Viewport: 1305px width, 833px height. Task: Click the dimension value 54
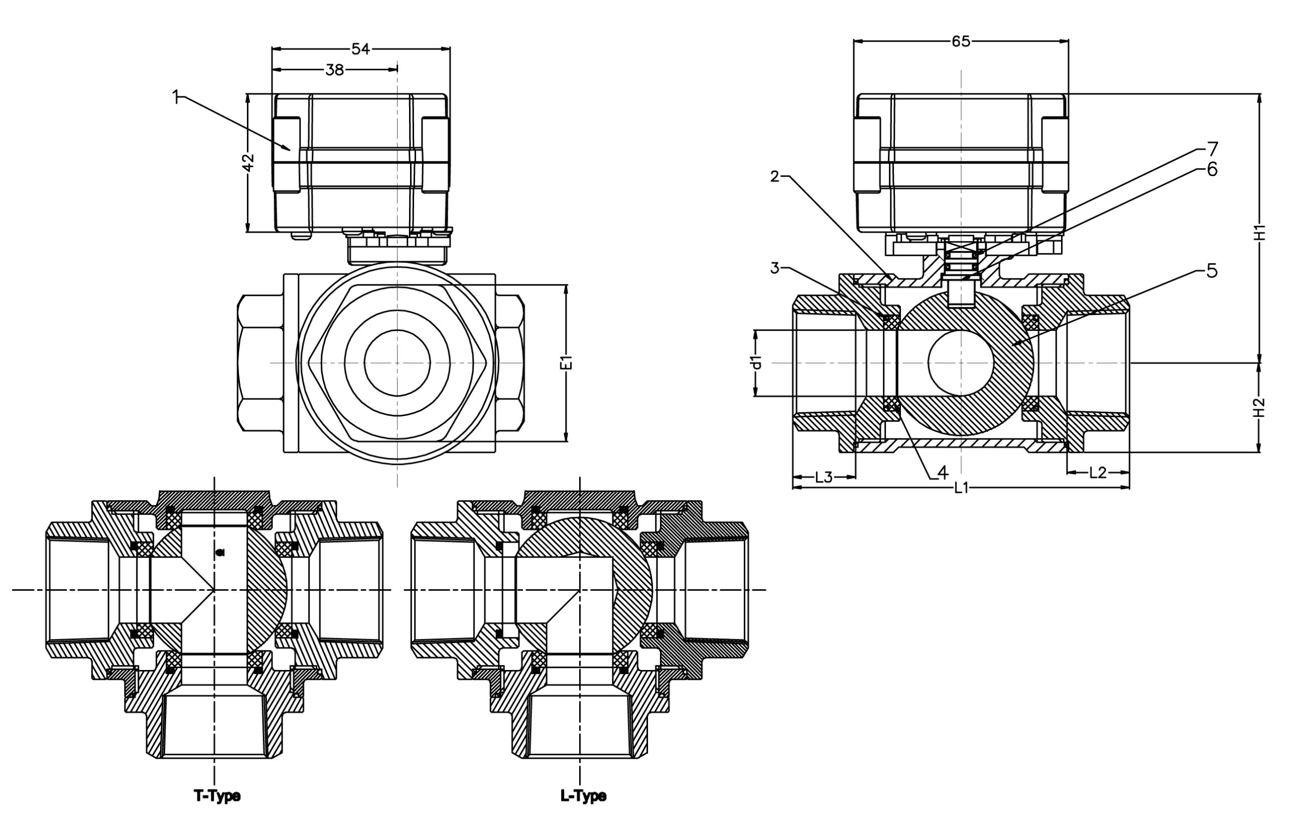point(360,49)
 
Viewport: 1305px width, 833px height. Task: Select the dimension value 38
point(334,70)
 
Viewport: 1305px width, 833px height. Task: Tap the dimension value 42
point(248,162)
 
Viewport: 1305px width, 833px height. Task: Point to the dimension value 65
point(960,42)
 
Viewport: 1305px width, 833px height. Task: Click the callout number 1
point(175,97)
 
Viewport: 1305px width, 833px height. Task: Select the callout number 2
point(775,177)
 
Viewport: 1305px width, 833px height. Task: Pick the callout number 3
point(775,268)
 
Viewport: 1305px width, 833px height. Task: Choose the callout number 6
point(1212,170)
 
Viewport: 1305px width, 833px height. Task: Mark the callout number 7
point(1212,148)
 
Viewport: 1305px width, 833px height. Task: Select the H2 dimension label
point(1260,407)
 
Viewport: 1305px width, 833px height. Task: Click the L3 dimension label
point(823,477)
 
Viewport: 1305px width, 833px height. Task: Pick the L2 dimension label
point(1097,473)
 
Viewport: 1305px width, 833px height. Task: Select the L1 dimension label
point(961,488)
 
